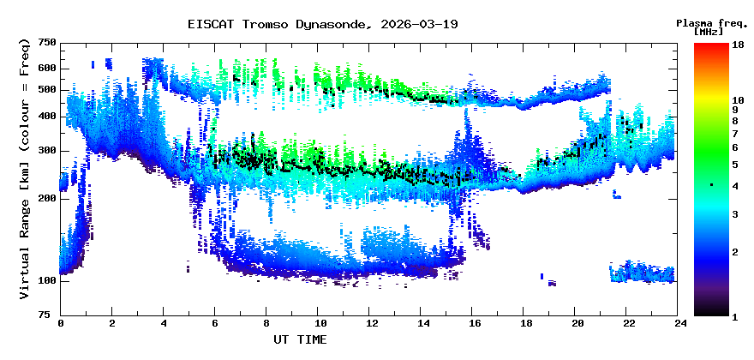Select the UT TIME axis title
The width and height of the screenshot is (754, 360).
300,339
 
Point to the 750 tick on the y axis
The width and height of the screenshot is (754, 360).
46,43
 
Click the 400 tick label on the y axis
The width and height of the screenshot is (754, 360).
46,116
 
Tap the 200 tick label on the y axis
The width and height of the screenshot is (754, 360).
46,198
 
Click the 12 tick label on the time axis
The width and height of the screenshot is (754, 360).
370,324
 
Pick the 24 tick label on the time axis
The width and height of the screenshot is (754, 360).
679,324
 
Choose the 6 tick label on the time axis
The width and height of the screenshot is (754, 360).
215,324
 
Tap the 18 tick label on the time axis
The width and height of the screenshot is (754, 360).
525,324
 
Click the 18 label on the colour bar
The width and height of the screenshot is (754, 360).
737,44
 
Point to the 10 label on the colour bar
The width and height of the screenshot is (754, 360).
737,100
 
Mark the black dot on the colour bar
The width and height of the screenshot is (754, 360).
711,185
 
